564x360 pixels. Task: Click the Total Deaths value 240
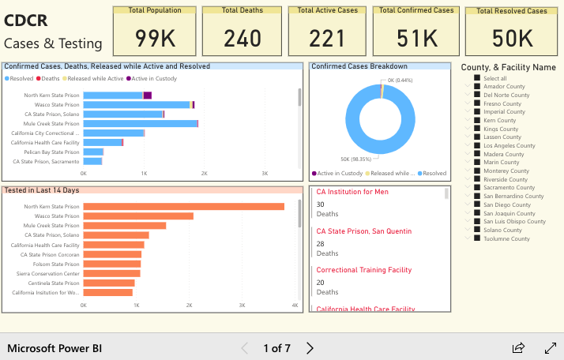242,38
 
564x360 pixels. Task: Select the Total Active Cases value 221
326,38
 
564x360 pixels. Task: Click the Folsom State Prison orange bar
112,264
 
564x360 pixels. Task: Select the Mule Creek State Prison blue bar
140,123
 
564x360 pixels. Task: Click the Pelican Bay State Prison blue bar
93,152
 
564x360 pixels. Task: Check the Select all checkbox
477,78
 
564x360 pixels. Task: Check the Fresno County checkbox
477,103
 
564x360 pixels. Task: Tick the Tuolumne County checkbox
477,238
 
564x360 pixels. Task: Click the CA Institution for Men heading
352,192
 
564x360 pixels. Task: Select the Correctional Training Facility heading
363,270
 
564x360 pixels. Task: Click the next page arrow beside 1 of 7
310,348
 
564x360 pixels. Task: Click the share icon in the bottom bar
519,348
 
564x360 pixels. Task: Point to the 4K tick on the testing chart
295,305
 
